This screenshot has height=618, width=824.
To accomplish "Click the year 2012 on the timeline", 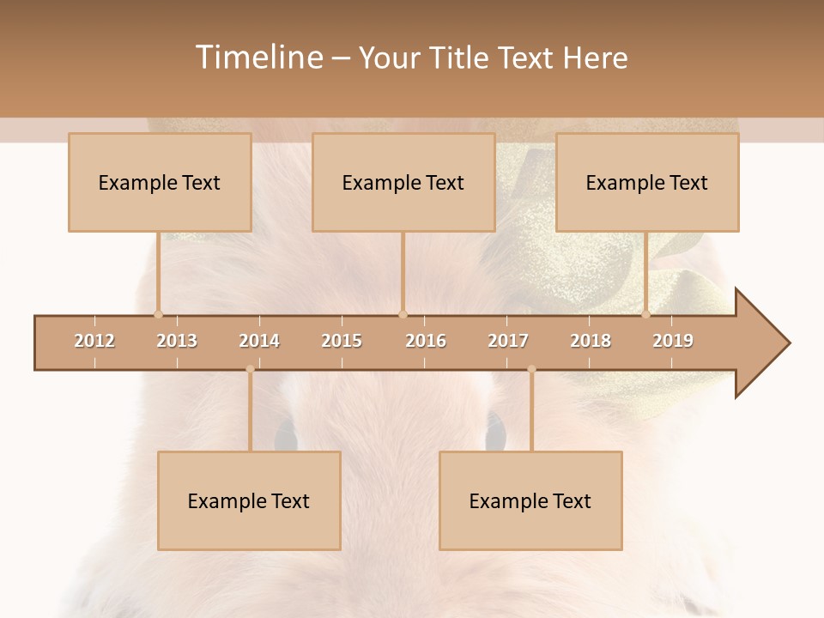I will (x=94, y=341).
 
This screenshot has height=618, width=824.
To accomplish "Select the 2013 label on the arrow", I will (x=177, y=341).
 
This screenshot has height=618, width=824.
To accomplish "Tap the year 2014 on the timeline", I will (x=259, y=341).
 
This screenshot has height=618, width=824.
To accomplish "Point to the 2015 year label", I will (x=342, y=341).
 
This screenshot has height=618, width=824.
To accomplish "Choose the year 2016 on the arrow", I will (x=426, y=341).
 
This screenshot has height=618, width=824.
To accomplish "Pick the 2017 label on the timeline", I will (x=508, y=341).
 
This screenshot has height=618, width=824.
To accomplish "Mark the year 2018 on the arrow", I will (x=591, y=341).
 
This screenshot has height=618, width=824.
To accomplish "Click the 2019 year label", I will (x=673, y=341).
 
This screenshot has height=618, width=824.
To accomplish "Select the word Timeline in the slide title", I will (x=258, y=58).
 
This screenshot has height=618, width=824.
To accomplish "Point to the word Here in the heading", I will (x=595, y=58).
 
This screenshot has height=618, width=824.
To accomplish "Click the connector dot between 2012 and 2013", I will (x=158, y=314).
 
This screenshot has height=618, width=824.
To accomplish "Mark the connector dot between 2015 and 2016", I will (x=403, y=314).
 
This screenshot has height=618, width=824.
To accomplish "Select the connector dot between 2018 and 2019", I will (x=646, y=314).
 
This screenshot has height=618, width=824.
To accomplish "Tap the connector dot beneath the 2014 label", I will (x=250, y=369).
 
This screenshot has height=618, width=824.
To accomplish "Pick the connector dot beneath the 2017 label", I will (x=531, y=369).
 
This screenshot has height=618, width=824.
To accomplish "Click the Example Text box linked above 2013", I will (x=160, y=182).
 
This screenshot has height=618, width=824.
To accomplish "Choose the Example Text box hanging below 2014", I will (x=249, y=500).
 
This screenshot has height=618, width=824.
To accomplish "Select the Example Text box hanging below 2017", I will (x=530, y=500).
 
